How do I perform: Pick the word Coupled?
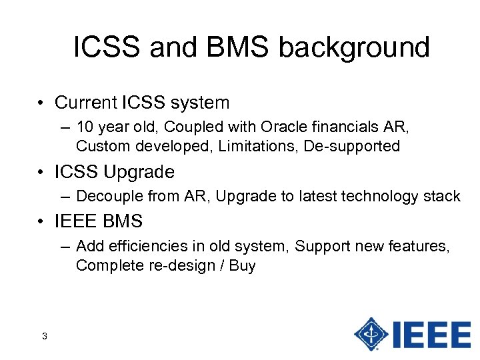click(203, 127)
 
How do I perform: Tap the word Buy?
click(242, 265)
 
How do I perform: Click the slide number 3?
click(44, 336)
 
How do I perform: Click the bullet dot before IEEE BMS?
click(41, 221)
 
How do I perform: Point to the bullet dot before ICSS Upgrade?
click(41, 171)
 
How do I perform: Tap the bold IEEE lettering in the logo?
click(433, 333)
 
